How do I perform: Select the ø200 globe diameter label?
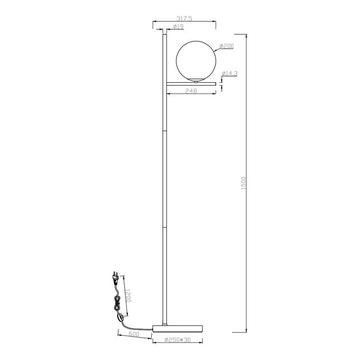pos(226,46)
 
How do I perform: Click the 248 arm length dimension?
pos(191,90)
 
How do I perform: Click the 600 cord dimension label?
pos(133,334)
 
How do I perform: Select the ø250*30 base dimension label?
pos(177,340)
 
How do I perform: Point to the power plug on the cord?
pos(115,278)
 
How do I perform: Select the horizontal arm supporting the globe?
pos(192,83)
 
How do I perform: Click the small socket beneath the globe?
pos(196,81)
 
